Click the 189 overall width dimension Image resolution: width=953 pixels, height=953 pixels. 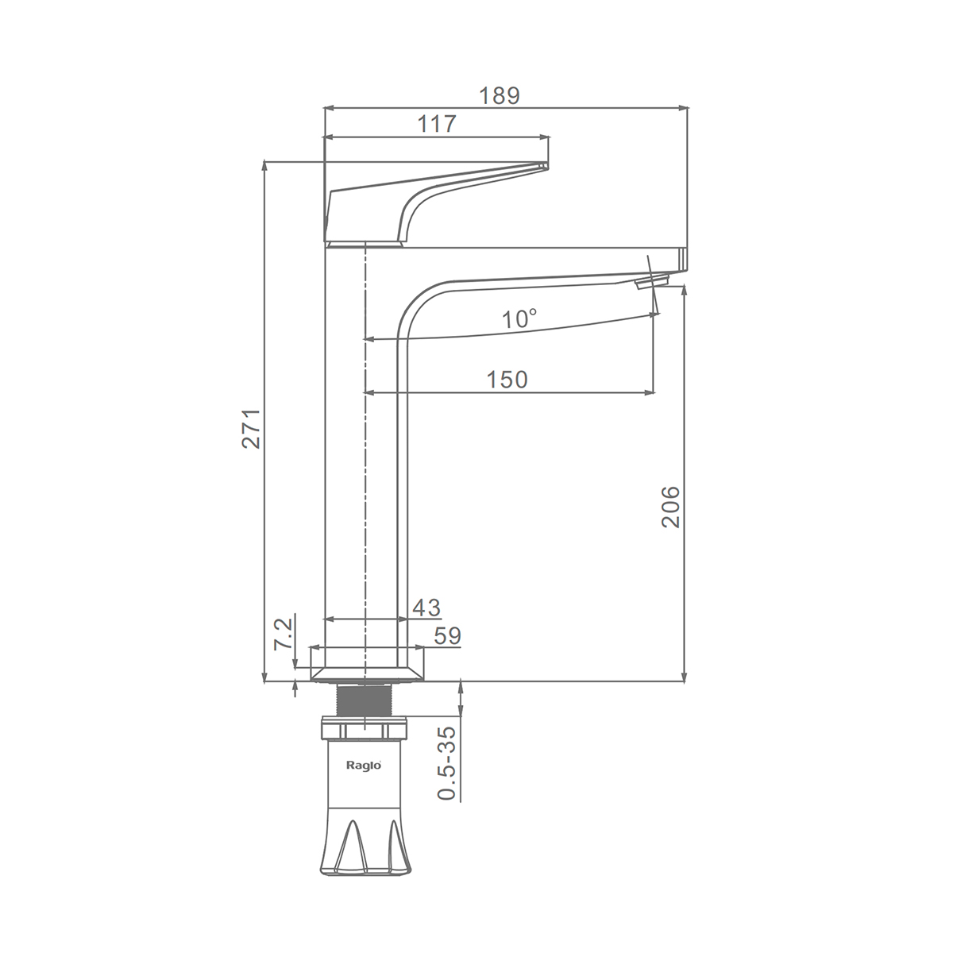coord(500,96)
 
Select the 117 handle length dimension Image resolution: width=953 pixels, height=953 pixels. coord(436,124)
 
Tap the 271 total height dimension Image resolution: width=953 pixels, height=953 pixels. coord(252,428)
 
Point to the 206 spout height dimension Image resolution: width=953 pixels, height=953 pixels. coord(671,507)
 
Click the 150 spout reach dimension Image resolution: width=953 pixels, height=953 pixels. coord(507,380)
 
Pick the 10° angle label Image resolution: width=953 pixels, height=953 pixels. coord(519,319)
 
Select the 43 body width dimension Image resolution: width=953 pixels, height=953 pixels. coord(426,608)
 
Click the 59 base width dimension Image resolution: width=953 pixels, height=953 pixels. coord(448,636)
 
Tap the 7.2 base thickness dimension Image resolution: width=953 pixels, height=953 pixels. coord(284,635)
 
